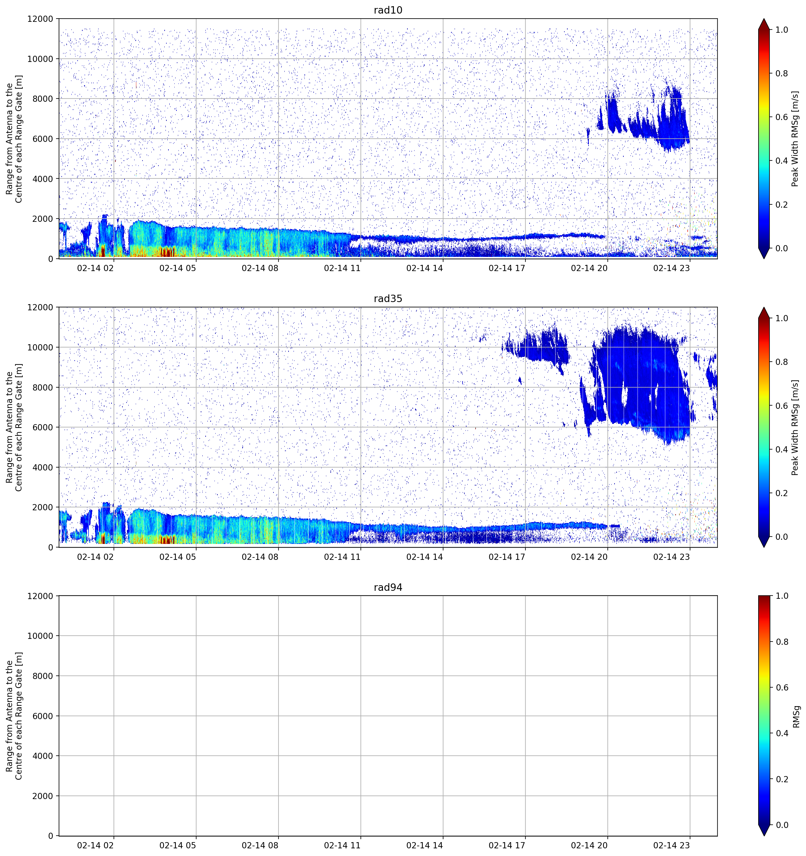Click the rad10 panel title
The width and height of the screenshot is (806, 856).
click(x=388, y=10)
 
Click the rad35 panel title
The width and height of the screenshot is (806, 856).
click(x=388, y=299)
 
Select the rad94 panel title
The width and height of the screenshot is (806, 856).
click(x=388, y=587)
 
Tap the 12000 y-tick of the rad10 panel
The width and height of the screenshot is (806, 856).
click(x=40, y=19)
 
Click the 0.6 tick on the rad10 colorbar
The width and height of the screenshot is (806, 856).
click(x=782, y=117)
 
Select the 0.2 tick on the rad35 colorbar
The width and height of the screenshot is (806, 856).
click(x=782, y=493)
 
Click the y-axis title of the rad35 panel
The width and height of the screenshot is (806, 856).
click(x=14, y=427)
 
